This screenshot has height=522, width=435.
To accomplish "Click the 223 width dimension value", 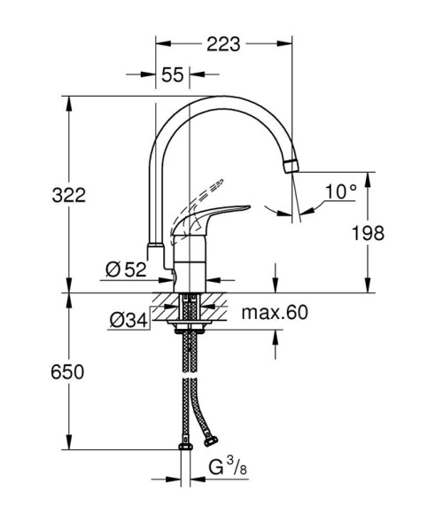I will point(224,41).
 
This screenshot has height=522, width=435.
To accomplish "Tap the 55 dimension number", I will point(173,75).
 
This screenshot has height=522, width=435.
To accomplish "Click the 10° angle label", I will point(340,191).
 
